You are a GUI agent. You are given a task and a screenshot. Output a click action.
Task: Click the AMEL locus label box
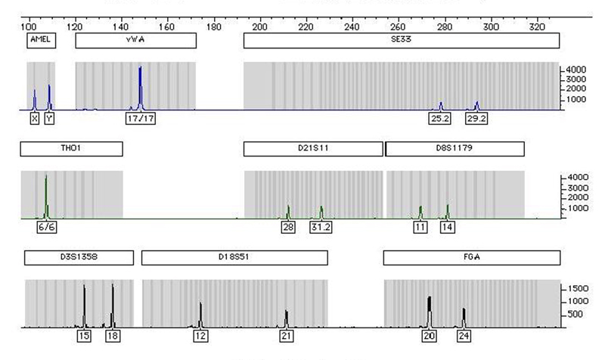pyautogui.click(x=41, y=39)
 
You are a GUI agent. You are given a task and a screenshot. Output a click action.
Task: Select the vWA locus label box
pyautogui.click(x=135, y=39)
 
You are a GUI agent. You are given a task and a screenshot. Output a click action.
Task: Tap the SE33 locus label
pyautogui.click(x=401, y=39)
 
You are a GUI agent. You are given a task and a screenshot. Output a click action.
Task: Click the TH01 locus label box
pyautogui.click(x=71, y=149)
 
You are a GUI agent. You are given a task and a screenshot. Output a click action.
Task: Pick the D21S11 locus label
pyautogui.click(x=312, y=149)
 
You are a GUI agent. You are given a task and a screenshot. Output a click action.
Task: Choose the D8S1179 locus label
pyautogui.click(x=455, y=149)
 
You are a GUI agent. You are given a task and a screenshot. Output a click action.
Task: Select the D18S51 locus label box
pyautogui.click(x=234, y=258)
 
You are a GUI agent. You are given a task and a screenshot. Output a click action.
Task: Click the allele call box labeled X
pyautogui.click(x=34, y=119)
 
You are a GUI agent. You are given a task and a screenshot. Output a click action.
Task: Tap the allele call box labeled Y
pyautogui.click(x=49, y=119)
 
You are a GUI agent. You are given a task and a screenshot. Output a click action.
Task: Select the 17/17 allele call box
pyautogui.click(x=140, y=119)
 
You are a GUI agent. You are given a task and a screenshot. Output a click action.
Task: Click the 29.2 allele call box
pyautogui.click(x=476, y=119)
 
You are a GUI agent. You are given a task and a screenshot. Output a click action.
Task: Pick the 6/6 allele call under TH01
pyautogui.click(x=45, y=227)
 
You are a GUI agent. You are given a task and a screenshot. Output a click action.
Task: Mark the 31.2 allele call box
pyautogui.click(x=321, y=227)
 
